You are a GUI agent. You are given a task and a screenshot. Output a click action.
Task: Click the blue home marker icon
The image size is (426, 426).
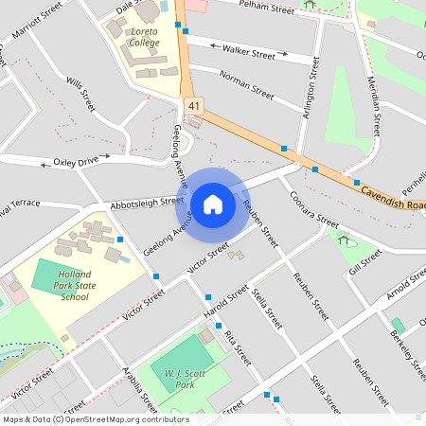(x=212, y=204)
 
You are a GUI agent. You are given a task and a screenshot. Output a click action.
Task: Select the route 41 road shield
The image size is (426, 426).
(x=194, y=104)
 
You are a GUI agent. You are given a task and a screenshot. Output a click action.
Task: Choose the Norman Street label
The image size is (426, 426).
(x=245, y=85)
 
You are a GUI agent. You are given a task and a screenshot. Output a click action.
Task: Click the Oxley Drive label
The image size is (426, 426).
(x=76, y=162)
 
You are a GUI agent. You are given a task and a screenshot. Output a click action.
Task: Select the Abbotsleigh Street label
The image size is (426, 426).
(x=147, y=203)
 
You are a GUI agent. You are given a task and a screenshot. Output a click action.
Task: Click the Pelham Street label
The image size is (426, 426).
(x=268, y=9)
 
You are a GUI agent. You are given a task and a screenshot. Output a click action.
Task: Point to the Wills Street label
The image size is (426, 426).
(x=81, y=94)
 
